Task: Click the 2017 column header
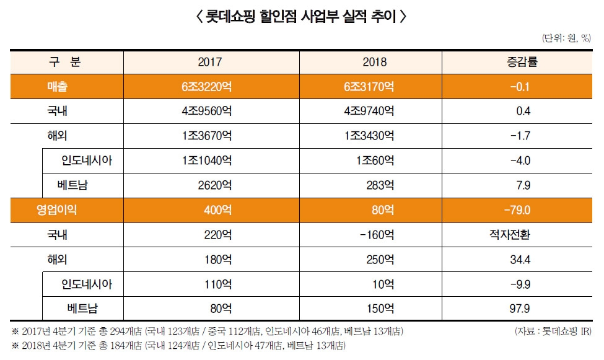tap(209, 63)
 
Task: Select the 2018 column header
tap(374, 63)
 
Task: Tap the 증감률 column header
tap(522, 63)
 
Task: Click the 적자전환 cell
tap(522, 235)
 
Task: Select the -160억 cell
tap(374, 235)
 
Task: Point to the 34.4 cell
tap(521, 259)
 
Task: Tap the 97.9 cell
tap(521, 308)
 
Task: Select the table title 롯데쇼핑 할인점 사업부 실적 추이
tap(302, 17)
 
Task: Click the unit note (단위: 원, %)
tap(567, 38)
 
